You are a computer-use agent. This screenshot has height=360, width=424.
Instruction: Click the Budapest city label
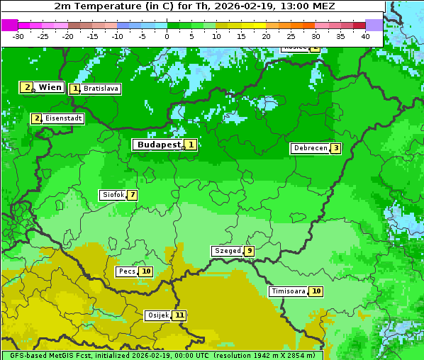click(159, 145)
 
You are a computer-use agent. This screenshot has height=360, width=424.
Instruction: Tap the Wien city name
click(50, 87)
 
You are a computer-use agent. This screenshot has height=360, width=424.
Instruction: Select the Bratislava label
click(100, 89)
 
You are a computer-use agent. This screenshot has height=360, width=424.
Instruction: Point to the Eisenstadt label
click(64, 118)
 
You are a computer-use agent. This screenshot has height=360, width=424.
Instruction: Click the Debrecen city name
click(310, 149)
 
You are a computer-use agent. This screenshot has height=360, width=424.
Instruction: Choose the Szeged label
click(227, 251)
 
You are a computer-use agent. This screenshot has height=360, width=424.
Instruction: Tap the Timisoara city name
click(288, 291)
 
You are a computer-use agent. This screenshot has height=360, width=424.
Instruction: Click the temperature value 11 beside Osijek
click(179, 315)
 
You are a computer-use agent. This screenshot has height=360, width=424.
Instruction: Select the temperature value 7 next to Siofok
click(132, 195)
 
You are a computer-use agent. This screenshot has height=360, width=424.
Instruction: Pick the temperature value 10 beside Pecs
click(146, 271)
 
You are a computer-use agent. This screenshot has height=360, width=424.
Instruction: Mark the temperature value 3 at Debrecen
click(336, 149)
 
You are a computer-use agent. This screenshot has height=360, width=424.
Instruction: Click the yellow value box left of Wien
click(27, 87)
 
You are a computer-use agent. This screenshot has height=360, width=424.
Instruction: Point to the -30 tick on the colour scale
click(18, 36)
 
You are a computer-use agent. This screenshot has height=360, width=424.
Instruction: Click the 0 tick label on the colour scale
click(167, 36)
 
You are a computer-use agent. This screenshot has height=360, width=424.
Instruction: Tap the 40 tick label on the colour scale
click(365, 36)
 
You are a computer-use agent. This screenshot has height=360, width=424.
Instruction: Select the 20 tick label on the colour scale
click(266, 36)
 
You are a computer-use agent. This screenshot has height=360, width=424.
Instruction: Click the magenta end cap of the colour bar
click(9, 25)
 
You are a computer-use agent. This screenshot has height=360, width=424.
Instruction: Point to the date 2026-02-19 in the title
click(240, 6)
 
